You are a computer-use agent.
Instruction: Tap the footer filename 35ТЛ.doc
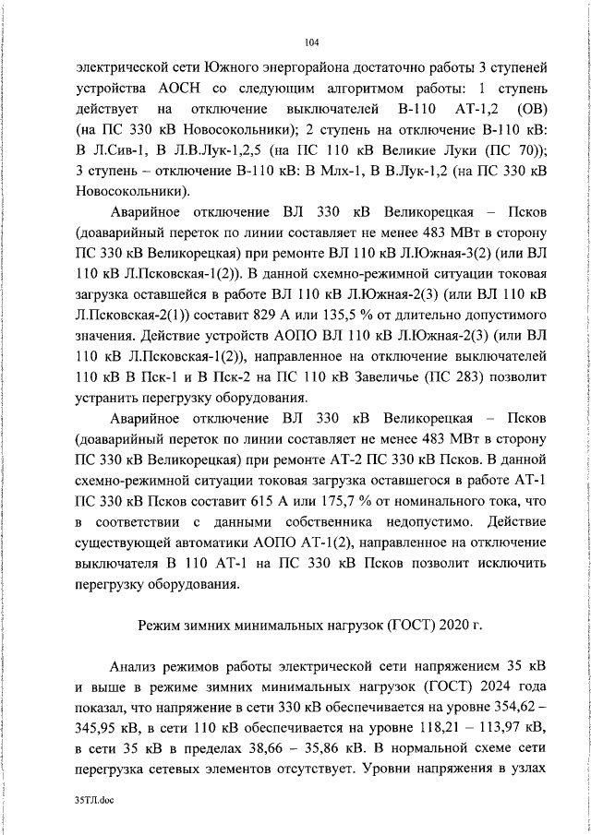click(x=96, y=803)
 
